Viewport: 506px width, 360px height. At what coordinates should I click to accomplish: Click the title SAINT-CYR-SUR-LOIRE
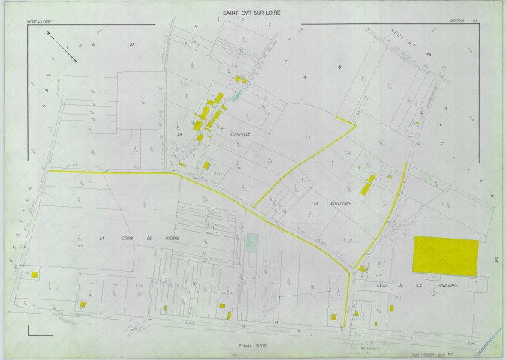pyautogui.click(x=252, y=13)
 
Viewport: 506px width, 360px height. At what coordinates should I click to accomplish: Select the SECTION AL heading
pyautogui.click(x=464, y=21)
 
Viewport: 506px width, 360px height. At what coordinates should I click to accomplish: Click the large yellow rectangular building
pyautogui.click(x=446, y=256)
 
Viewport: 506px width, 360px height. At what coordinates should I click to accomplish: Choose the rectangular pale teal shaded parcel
pyautogui.click(x=253, y=241)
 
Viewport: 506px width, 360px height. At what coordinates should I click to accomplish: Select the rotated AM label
pyautogui.click(x=496, y=259)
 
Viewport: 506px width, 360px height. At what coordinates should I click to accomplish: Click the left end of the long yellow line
pyautogui.click(x=50, y=172)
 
